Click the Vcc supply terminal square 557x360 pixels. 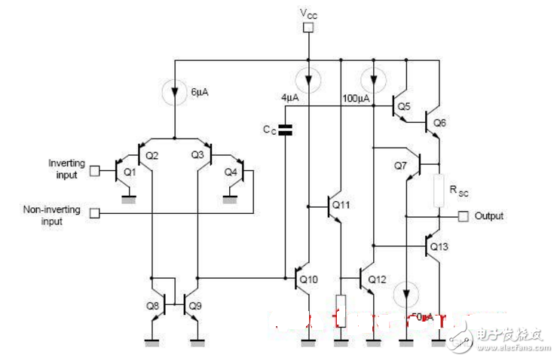click(x=308, y=29)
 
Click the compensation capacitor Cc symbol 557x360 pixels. click(x=285, y=130)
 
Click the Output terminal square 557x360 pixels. click(x=463, y=217)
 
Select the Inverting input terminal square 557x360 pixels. click(x=94, y=170)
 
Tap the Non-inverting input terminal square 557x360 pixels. click(x=94, y=213)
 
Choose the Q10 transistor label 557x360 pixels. click(x=309, y=279)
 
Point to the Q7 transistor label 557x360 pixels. click(x=400, y=165)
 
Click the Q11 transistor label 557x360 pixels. click(x=341, y=204)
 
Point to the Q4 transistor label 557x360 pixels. click(x=231, y=172)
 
